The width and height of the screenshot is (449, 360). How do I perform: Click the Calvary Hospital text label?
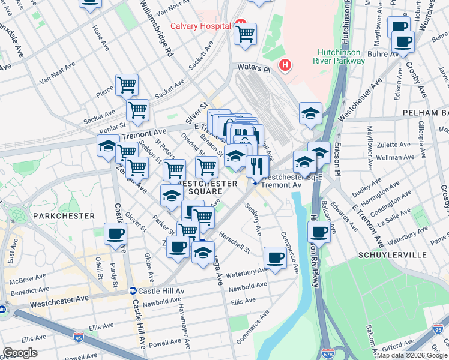(x=200, y=26)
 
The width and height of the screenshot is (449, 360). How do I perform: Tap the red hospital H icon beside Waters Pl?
(x=285, y=64)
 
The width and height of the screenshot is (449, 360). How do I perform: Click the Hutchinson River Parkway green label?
(x=340, y=56)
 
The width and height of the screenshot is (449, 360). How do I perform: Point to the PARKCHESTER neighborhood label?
(x=64, y=215)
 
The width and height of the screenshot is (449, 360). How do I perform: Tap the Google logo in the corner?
(x=20, y=352)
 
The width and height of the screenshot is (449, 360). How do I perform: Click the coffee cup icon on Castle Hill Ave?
(x=115, y=233)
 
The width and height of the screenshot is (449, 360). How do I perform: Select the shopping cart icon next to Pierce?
(x=127, y=85)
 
